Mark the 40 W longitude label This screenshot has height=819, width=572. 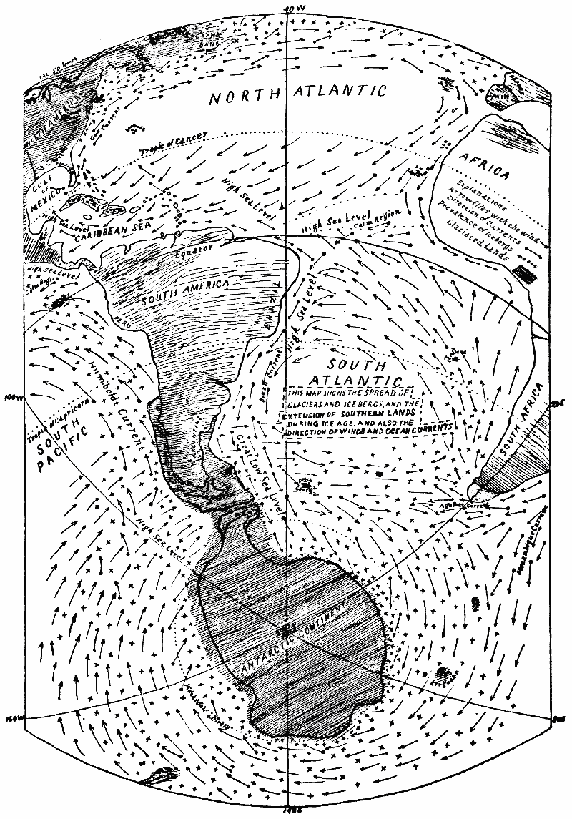point(289,9)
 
